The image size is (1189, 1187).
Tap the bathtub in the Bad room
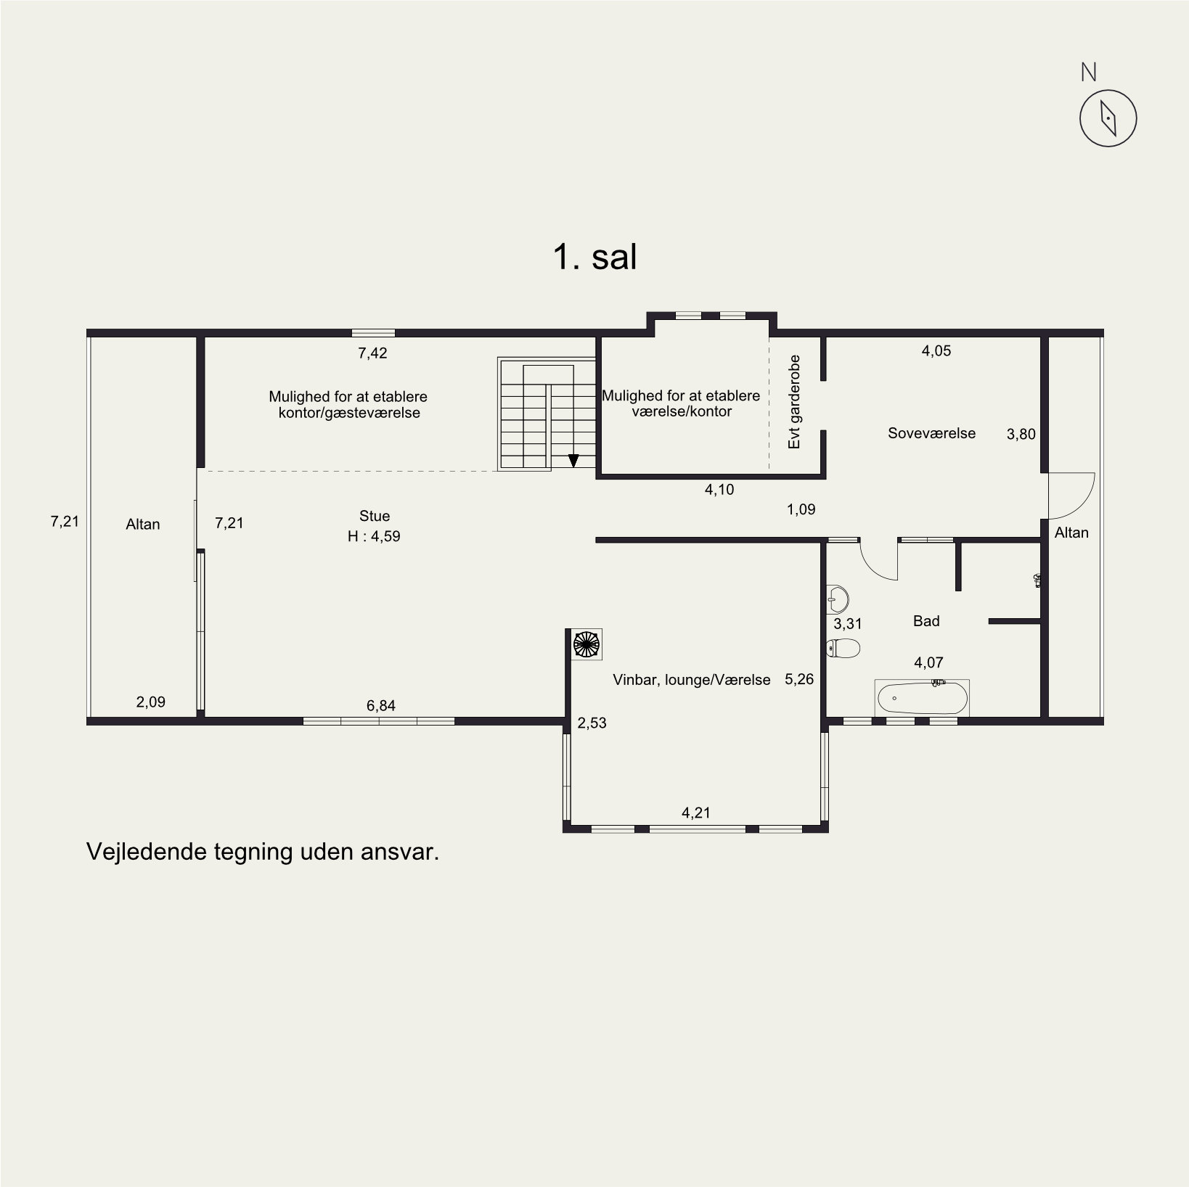922,699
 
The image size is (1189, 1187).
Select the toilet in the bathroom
843,647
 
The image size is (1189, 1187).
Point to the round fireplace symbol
586,644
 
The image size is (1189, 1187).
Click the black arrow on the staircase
573,460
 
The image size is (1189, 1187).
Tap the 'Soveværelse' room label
931,433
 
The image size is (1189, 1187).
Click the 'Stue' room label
375,516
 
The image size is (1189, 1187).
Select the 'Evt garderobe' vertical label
794,401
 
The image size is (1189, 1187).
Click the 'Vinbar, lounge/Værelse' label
691,680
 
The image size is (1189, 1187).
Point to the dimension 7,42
372,353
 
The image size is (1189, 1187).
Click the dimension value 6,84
381,705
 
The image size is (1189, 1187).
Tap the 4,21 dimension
696,813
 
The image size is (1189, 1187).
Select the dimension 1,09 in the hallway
801,509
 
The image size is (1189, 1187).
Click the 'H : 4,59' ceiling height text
374,536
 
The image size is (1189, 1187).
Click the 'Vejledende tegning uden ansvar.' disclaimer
263,851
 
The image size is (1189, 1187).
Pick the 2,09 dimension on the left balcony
151,702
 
